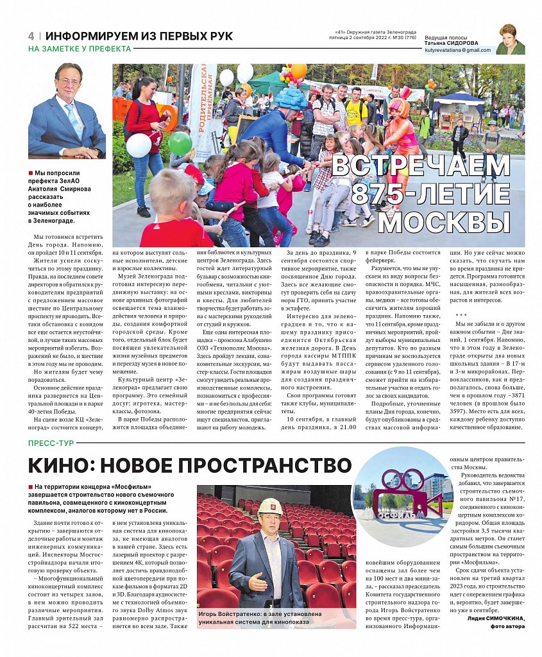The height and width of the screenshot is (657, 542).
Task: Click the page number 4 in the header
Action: point(31,36)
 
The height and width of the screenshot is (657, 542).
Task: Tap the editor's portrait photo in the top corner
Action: point(510,40)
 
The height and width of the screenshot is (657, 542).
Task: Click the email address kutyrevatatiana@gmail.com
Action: point(457,50)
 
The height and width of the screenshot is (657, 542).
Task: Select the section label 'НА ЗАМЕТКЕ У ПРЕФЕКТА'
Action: point(80,49)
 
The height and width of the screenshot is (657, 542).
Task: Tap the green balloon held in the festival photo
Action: point(180,143)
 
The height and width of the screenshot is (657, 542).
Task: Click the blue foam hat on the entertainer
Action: point(292,98)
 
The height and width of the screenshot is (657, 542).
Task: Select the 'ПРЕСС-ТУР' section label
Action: point(51,443)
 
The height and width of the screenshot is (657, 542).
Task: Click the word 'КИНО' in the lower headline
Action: point(67,466)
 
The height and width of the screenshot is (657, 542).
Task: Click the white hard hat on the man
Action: point(270,507)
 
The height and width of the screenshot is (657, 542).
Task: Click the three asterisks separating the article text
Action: point(461,315)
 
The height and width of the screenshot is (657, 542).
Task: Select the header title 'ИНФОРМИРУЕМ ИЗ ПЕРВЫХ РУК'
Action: point(139,36)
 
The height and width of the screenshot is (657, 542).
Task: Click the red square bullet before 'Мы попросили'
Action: point(30,173)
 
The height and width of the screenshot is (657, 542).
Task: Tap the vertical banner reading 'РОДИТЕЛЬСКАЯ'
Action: point(203,109)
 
